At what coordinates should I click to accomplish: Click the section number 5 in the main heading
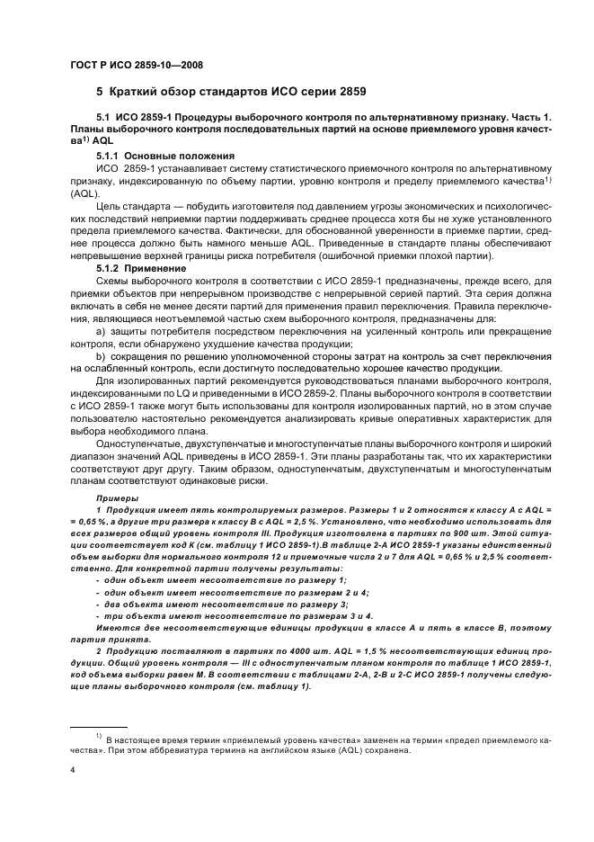[100, 92]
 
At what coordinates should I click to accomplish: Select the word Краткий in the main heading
[137, 92]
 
